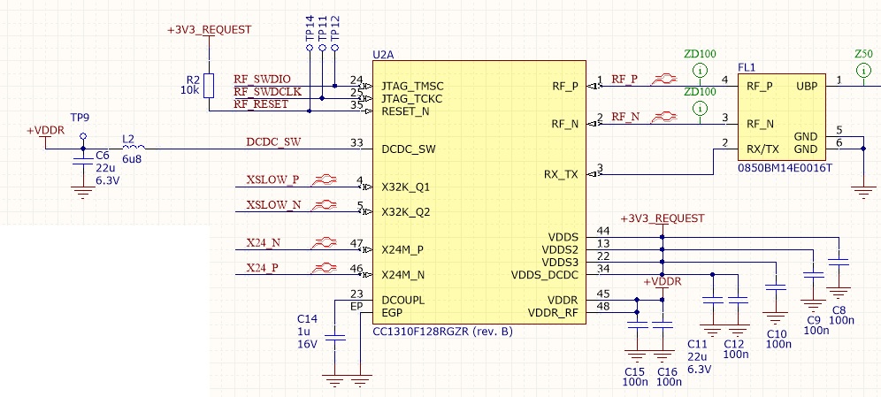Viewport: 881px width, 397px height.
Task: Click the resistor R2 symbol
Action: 209,85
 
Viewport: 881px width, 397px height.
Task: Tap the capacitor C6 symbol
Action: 83,161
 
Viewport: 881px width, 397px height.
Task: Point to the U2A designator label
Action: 383,55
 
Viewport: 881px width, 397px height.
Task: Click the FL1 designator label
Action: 747,67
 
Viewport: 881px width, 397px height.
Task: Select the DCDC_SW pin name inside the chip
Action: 408,149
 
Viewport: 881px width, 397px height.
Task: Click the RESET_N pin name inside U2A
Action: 405,112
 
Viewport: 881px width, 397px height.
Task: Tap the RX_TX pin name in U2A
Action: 560,175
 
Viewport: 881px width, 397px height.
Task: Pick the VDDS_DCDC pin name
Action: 544,275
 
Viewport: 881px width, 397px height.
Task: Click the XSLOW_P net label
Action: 273,180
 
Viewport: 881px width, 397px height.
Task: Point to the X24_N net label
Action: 263,242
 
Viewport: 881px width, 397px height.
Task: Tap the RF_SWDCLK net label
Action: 268,91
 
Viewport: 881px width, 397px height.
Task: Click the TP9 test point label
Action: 80,118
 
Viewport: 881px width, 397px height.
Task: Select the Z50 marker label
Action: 862,54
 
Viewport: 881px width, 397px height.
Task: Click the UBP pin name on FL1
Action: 807,87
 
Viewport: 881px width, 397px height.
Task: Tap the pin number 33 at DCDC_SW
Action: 356,142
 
